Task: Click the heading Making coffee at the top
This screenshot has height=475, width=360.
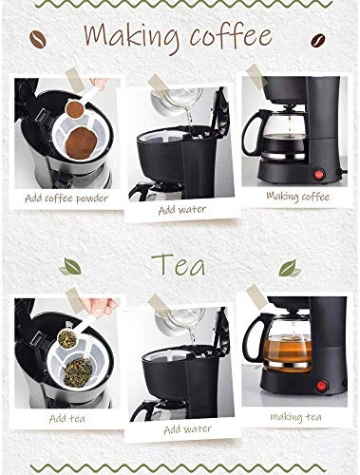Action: coord(178,38)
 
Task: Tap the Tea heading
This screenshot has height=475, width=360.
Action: coord(178,264)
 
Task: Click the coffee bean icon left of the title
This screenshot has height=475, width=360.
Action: coord(38,40)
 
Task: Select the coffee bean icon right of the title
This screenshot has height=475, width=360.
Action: coord(318,41)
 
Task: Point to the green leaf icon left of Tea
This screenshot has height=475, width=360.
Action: coord(70,266)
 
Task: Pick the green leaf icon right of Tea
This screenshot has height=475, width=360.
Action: coord(290,269)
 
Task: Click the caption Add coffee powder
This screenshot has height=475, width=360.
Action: coord(66,199)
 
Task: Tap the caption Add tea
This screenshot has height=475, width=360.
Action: coord(67,419)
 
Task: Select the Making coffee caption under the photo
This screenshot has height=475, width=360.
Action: coord(298,197)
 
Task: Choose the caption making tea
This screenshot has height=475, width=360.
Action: coord(295,417)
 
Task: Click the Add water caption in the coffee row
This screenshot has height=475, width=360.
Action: coord(182,210)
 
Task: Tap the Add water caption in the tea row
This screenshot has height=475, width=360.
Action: coord(187,429)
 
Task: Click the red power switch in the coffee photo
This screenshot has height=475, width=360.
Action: coord(318,174)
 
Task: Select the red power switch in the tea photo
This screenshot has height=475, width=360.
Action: coord(322,386)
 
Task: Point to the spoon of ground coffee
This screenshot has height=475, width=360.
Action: coord(75,109)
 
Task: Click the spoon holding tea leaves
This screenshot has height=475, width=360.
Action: coord(67,338)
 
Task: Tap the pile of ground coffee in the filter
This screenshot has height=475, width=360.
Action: coord(82,142)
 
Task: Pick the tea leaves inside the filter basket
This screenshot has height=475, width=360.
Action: coord(78,372)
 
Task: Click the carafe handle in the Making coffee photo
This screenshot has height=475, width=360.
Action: coord(250,132)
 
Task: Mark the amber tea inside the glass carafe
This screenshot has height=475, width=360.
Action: coord(287,352)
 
